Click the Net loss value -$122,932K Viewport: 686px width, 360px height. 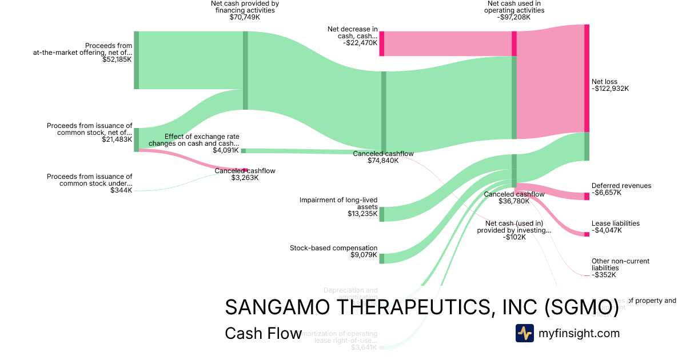coord(610,89)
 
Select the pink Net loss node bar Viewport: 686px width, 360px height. coord(587,78)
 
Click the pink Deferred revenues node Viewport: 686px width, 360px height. coord(587,197)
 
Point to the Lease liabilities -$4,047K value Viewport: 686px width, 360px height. coord(607,230)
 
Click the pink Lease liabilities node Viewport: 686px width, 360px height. coord(587,234)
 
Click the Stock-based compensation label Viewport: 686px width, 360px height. coord(333,248)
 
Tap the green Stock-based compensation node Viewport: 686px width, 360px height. coord(382,258)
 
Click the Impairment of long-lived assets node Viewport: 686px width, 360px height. coord(382,214)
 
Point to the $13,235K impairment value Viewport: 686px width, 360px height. coord(362,214)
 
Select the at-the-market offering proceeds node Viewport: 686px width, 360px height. coord(136,60)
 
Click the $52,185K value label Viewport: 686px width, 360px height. coord(117,59)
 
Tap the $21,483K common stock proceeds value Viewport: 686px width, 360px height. coord(117,139)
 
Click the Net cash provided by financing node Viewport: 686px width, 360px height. coord(245,70)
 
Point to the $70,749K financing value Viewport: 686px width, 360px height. coord(245,17)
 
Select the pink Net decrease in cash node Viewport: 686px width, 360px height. coord(381,43)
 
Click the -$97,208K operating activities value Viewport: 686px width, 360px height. coord(514,17)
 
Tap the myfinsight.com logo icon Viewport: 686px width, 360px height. coord(524,333)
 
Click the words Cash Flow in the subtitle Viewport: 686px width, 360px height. coord(263,333)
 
